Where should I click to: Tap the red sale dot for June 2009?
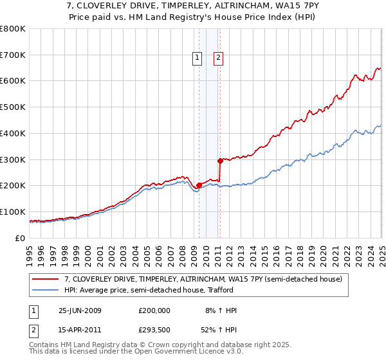coord(199,185)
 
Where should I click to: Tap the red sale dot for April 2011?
coord(220,161)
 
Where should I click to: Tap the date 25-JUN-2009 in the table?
coord(80,310)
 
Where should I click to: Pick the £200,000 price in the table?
coord(154,310)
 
